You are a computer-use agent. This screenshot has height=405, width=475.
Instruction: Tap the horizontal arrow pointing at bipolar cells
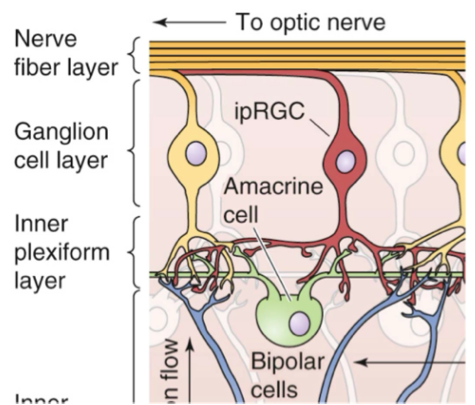click(408, 362)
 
